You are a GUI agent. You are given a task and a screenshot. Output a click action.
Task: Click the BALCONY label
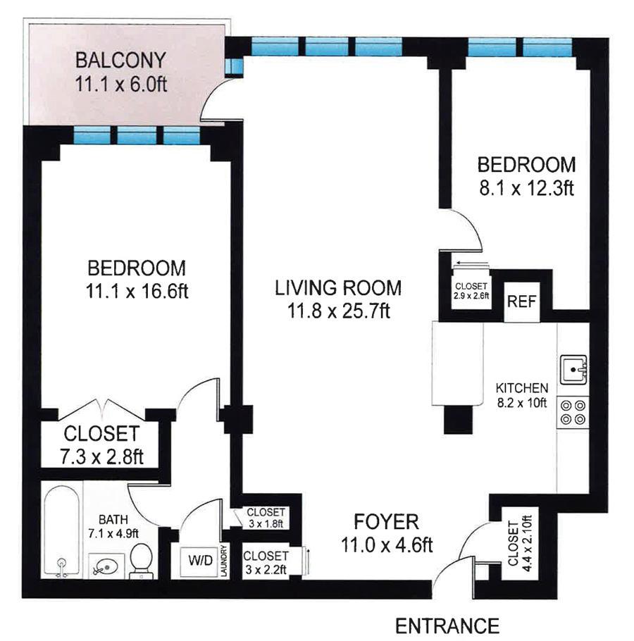122,58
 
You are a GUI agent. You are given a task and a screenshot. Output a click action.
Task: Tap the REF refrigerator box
522,302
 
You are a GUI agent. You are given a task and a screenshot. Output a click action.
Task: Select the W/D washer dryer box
199,561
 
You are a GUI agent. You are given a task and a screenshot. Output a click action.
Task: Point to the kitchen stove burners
572,412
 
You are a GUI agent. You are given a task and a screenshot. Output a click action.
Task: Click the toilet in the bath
142,559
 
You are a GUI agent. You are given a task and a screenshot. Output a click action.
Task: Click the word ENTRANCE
447,625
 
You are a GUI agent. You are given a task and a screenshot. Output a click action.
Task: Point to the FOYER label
386,522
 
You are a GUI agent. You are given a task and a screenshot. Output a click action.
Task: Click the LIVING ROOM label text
338,287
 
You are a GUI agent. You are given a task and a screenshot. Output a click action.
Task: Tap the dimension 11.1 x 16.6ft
137,290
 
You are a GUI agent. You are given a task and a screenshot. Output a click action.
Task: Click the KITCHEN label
522,388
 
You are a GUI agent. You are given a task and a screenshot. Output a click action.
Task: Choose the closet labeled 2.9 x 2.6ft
471,291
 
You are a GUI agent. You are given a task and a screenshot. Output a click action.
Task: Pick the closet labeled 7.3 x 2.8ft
102,444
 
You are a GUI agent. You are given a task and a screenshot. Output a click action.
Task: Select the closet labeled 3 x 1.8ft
266,518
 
